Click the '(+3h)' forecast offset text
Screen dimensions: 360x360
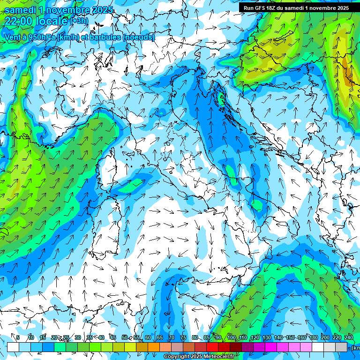click(x=79, y=21)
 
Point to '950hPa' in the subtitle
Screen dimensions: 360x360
click(x=41, y=37)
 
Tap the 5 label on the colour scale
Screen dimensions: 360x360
click(x=18, y=337)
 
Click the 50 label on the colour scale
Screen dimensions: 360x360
click(x=125, y=337)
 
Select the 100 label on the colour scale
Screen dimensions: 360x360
click(x=231, y=337)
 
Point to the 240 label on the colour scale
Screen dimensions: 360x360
click(x=349, y=337)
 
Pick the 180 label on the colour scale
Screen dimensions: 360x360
click(x=313, y=337)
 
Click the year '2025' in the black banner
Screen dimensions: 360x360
click(x=342, y=8)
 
